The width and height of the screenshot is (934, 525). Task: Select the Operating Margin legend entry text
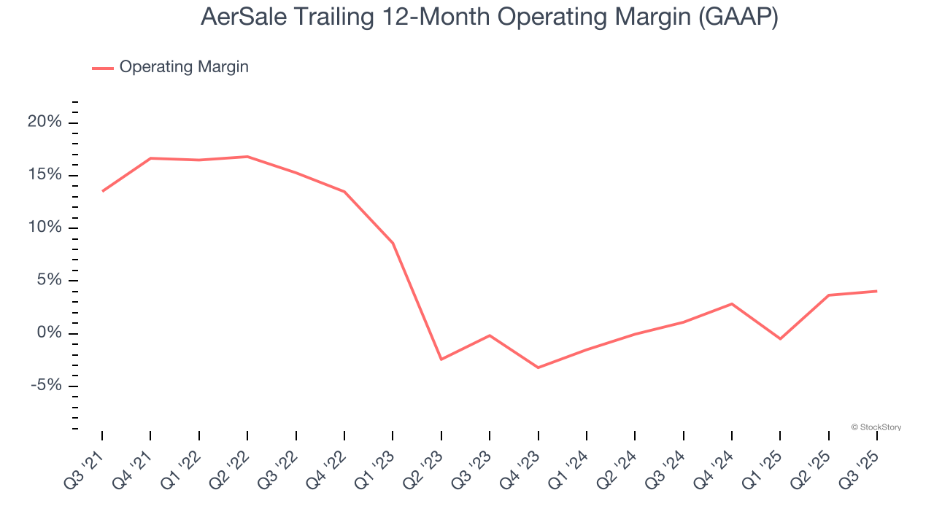(x=184, y=67)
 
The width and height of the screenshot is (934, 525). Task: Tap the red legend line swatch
(x=103, y=68)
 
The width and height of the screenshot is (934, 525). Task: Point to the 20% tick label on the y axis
(x=45, y=122)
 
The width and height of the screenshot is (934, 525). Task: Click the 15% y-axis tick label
(x=45, y=175)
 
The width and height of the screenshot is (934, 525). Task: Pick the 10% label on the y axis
(x=45, y=227)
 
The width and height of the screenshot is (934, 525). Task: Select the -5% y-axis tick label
(x=46, y=386)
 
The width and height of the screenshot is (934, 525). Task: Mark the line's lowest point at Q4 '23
(x=538, y=367)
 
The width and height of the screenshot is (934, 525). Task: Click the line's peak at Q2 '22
(x=247, y=157)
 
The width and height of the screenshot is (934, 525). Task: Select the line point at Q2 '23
(x=441, y=359)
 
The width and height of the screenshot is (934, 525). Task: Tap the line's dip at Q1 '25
(x=780, y=339)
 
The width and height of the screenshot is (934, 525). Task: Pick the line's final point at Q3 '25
(x=876, y=291)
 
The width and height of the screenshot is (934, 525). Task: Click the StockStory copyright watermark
(x=876, y=427)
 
